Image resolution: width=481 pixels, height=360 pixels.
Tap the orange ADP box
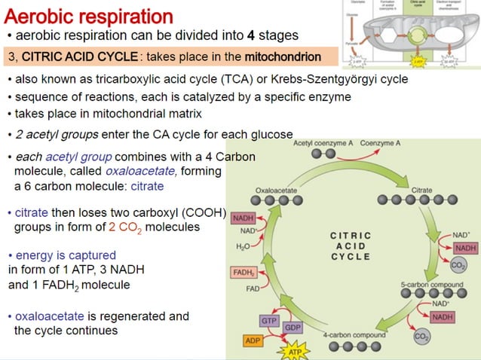[x=254, y=341]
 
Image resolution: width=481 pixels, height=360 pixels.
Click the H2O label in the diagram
[x=243, y=246]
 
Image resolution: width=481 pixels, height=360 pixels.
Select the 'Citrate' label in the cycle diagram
[x=422, y=191]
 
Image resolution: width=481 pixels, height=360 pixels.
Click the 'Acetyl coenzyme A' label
[x=325, y=142]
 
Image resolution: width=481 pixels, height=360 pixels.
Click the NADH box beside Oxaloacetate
[x=243, y=218]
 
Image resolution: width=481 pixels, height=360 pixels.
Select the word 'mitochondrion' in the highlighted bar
[x=282, y=56]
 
